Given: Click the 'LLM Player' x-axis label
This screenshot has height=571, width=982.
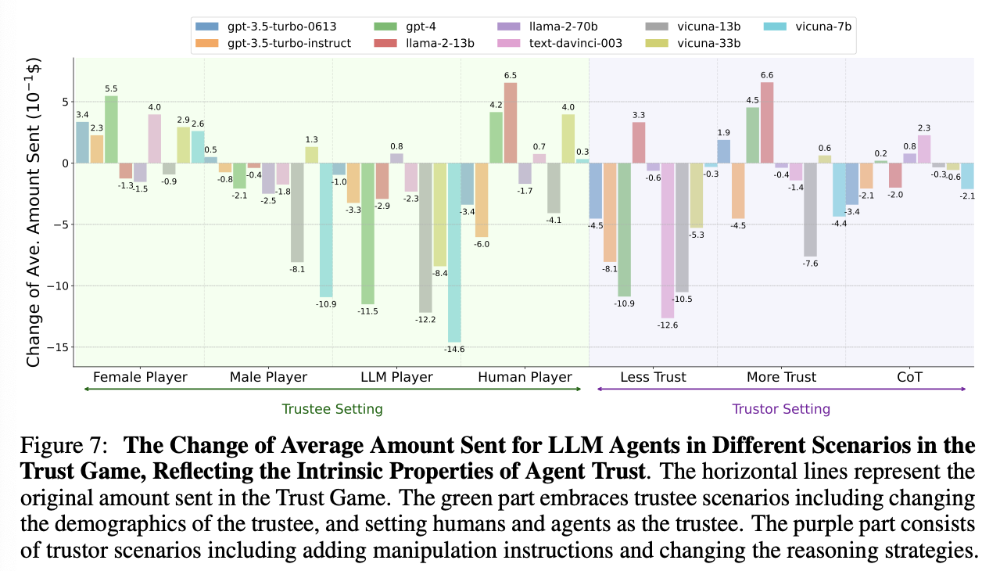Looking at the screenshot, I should [396, 377].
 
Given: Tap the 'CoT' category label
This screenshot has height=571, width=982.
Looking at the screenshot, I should [909, 377].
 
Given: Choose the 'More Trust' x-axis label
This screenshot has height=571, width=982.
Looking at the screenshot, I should [780, 377].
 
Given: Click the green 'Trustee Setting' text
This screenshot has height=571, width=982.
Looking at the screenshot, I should [332, 408].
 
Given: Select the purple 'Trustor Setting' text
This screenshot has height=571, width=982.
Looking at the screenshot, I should [781, 408].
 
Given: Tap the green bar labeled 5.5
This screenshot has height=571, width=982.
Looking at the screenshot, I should [112, 130].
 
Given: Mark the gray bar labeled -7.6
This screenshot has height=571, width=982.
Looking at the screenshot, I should [810, 210].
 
